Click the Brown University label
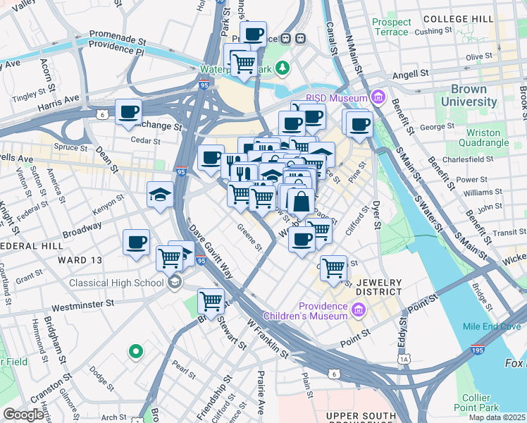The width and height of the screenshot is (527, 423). pyautogui.click(x=464, y=96)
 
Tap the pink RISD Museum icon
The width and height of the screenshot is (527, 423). pyautogui.click(x=378, y=98)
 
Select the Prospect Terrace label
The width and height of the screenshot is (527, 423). pyautogui.click(x=390, y=27)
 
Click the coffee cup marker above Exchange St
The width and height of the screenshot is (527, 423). pyautogui.click(x=128, y=112)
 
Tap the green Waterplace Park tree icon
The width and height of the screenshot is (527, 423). pyautogui.click(x=283, y=68)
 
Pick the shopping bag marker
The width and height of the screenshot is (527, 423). pyautogui.click(x=301, y=202)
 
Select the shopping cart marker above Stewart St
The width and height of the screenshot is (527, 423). pyautogui.click(x=211, y=302)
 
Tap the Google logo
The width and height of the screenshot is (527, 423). pyautogui.click(x=23, y=415)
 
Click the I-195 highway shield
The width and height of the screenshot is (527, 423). pyautogui.click(x=478, y=349)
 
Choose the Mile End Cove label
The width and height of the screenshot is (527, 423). pyautogui.click(x=491, y=326)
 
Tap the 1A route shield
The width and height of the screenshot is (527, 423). pyautogui.click(x=404, y=360)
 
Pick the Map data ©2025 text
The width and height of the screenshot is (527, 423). pyautogui.click(x=497, y=417)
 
